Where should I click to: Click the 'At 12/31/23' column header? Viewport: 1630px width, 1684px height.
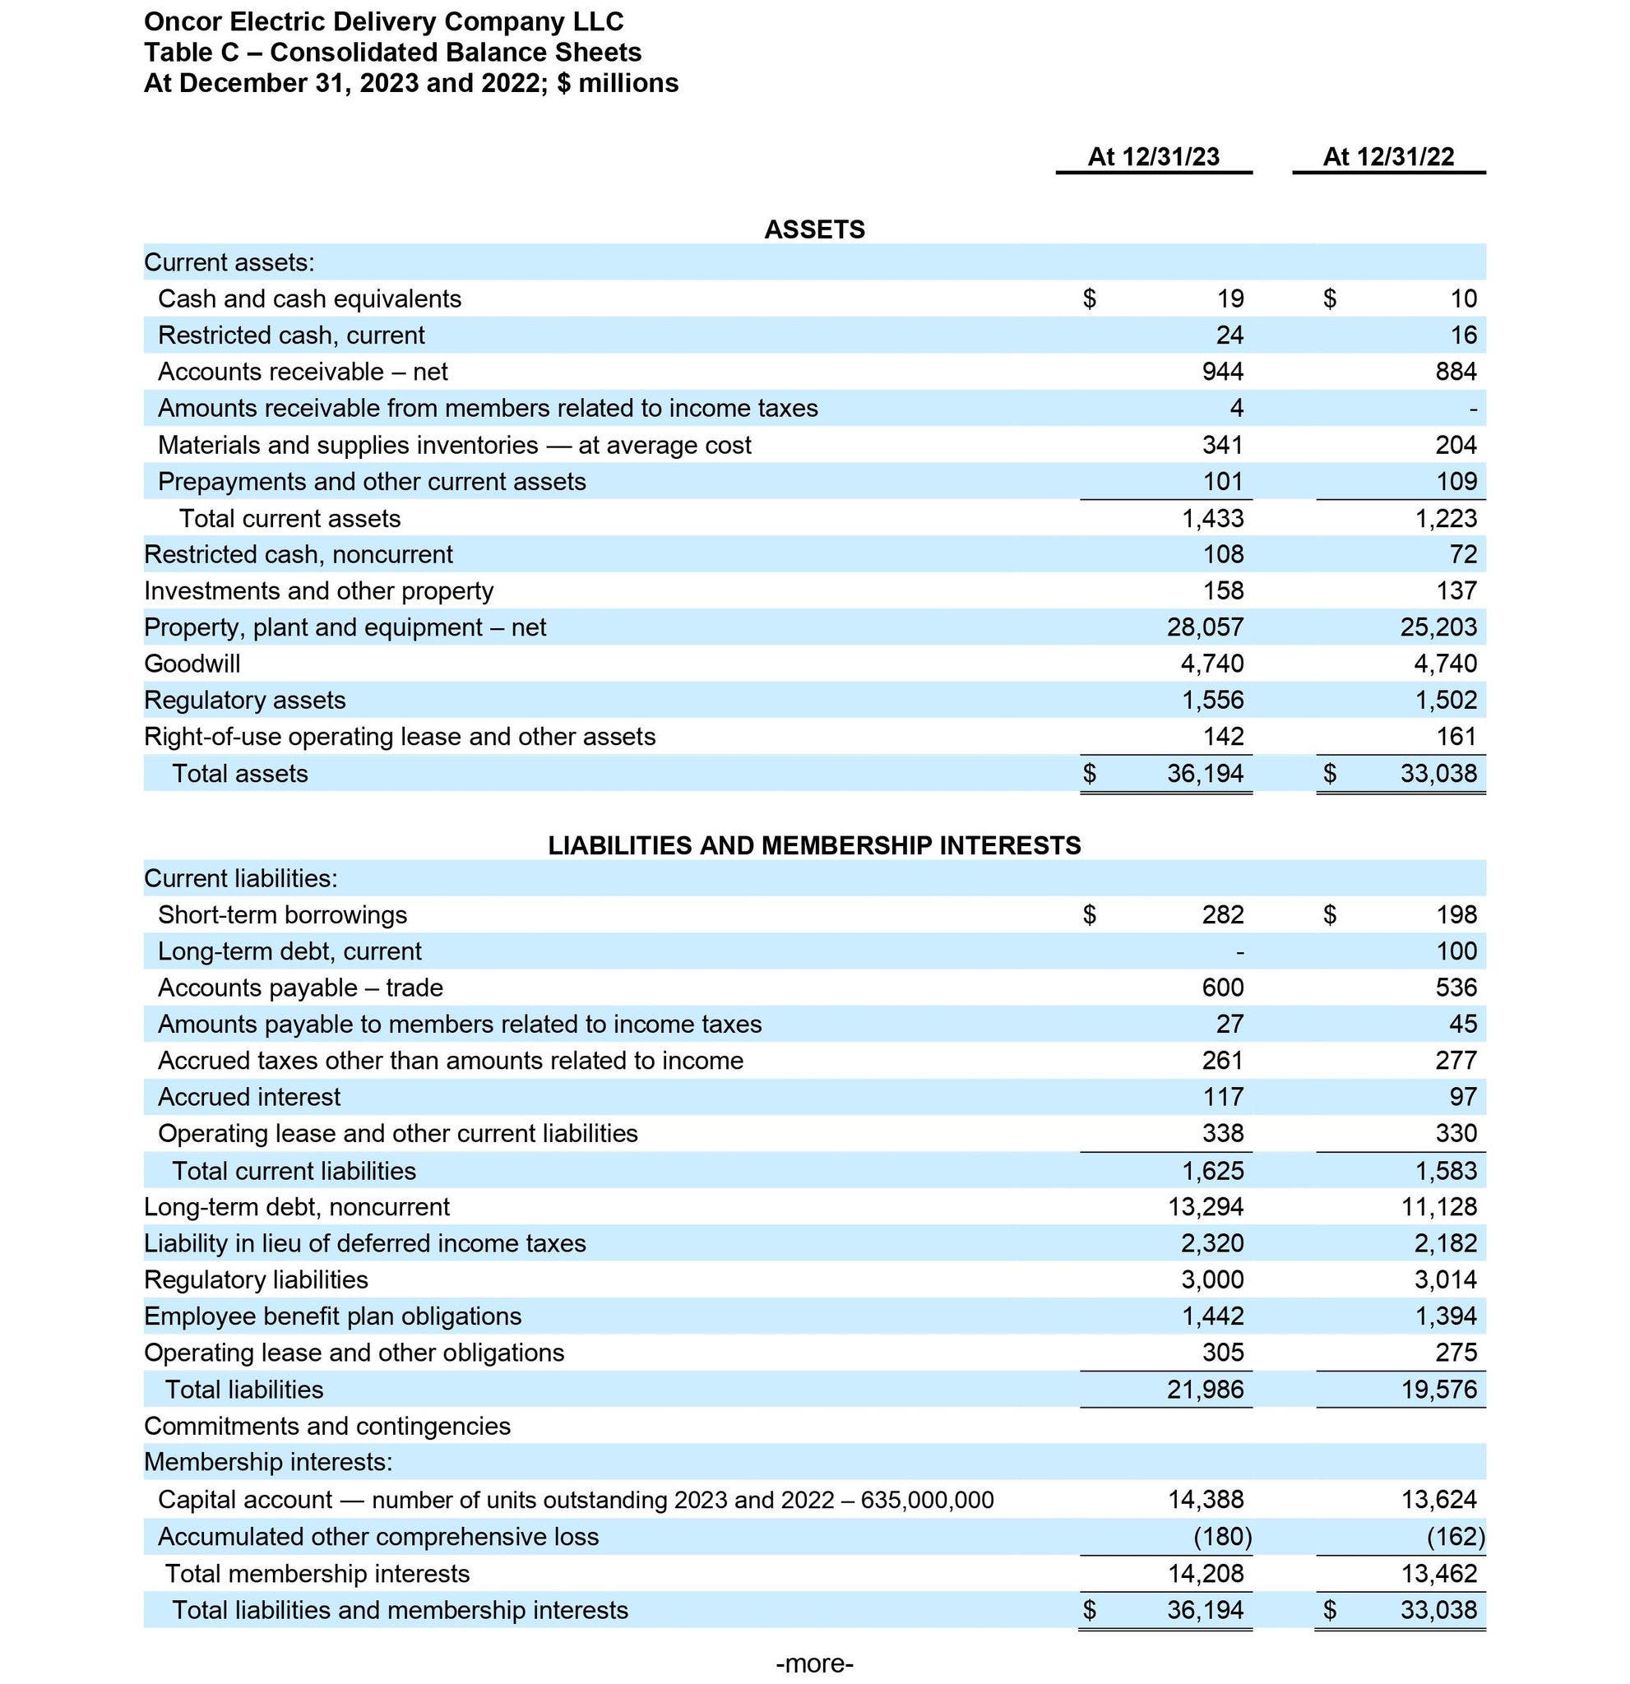tap(1153, 156)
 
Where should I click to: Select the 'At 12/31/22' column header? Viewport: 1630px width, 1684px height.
tap(1387, 156)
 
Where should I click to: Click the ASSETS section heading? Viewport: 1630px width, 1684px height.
tap(813, 229)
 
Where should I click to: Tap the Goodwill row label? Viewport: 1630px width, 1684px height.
tap(192, 664)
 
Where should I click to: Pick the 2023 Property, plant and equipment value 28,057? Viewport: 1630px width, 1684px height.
tap(1205, 627)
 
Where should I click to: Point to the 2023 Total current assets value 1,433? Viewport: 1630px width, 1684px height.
tap(1212, 518)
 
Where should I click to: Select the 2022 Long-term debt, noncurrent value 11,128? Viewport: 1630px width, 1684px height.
tap(1439, 1206)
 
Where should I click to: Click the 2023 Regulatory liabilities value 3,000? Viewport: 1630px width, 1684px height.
tap(1212, 1279)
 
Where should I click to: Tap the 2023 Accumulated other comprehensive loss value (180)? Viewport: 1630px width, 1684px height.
tap(1222, 1536)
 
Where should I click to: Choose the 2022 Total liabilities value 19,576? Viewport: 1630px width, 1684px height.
tap(1439, 1390)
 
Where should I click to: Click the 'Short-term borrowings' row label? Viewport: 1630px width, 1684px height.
tap(282, 914)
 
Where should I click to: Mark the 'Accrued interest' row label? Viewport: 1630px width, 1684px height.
tap(249, 1096)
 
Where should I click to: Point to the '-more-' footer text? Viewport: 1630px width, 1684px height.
tap(813, 1663)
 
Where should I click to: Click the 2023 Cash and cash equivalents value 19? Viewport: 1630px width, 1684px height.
tap(1230, 298)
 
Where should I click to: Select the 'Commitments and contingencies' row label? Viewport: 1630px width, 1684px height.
tap(326, 1427)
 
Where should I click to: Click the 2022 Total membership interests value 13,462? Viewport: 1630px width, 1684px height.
tap(1439, 1573)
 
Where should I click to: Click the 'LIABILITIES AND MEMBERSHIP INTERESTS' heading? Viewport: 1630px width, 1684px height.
tap(813, 845)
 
